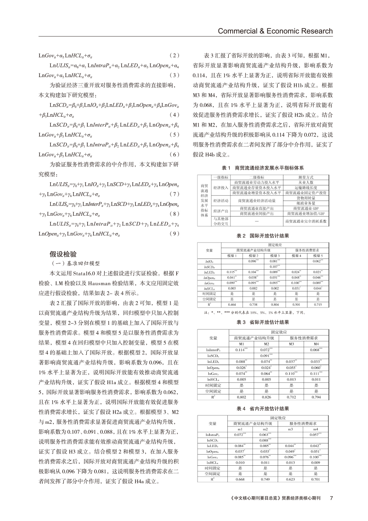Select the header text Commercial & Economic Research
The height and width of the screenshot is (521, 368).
click(275, 31)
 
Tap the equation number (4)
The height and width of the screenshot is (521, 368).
click(174, 115)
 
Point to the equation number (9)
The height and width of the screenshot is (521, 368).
click(174, 233)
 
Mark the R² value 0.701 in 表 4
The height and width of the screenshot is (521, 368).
click(316, 479)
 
